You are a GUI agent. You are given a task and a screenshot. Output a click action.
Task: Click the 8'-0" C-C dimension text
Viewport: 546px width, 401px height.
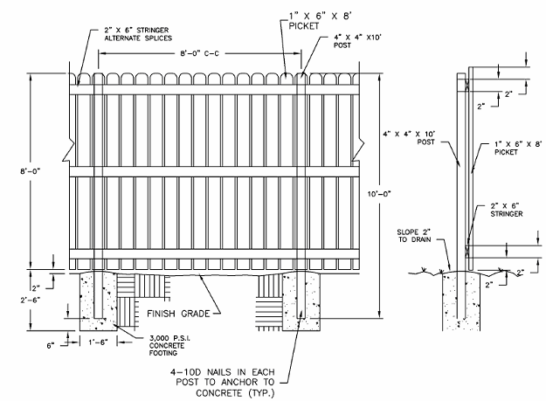pyautogui.click(x=199, y=53)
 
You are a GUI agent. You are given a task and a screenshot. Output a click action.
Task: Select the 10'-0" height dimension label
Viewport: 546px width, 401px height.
pyautogui.click(x=379, y=194)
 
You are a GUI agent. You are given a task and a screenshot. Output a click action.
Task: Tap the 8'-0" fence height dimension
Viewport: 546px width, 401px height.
pyautogui.click(x=31, y=171)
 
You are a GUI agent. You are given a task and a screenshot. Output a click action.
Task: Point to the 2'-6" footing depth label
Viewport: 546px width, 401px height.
pyautogui.click(x=31, y=300)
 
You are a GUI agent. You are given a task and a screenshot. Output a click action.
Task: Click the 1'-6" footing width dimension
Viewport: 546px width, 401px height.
pyautogui.click(x=98, y=342)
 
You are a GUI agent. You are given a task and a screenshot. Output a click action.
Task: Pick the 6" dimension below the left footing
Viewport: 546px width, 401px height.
pyautogui.click(x=51, y=346)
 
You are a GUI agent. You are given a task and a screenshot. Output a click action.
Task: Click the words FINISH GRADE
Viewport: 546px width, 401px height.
pyautogui.click(x=178, y=314)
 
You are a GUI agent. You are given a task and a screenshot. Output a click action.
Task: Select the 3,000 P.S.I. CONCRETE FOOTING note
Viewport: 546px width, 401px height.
pyautogui.click(x=169, y=345)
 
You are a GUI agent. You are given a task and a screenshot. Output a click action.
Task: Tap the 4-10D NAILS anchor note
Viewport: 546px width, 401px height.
pyautogui.click(x=222, y=382)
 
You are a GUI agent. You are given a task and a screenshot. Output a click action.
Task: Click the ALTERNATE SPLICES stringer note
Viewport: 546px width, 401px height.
pyautogui.click(x=138, y=38)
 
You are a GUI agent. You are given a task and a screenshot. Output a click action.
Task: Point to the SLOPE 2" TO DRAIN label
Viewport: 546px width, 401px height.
pyautogui.click(x=414, y=236)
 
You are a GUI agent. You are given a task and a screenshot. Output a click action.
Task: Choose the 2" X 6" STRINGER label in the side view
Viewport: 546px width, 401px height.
pyautogui.click(x=507, y=210)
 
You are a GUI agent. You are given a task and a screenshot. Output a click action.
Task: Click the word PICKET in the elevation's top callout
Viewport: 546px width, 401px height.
pyautogui.click(x=304, y=26)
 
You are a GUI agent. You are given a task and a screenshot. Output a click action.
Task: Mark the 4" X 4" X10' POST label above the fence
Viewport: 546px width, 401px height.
pyautogui.click(x=357, y=41)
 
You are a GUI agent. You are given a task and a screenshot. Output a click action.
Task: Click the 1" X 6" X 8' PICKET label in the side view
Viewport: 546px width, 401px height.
pyautogui.click(x=518, y=148)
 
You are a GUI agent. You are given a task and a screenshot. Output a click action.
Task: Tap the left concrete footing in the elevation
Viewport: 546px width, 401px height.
pyautogui.click(x=98, y=301)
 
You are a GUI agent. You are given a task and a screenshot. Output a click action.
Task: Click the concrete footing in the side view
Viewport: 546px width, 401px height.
pyautogui.click(x=461, y=301)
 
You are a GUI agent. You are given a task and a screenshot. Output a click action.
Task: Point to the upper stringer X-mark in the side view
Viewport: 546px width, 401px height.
pyautogui.click(x=467, y=84)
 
